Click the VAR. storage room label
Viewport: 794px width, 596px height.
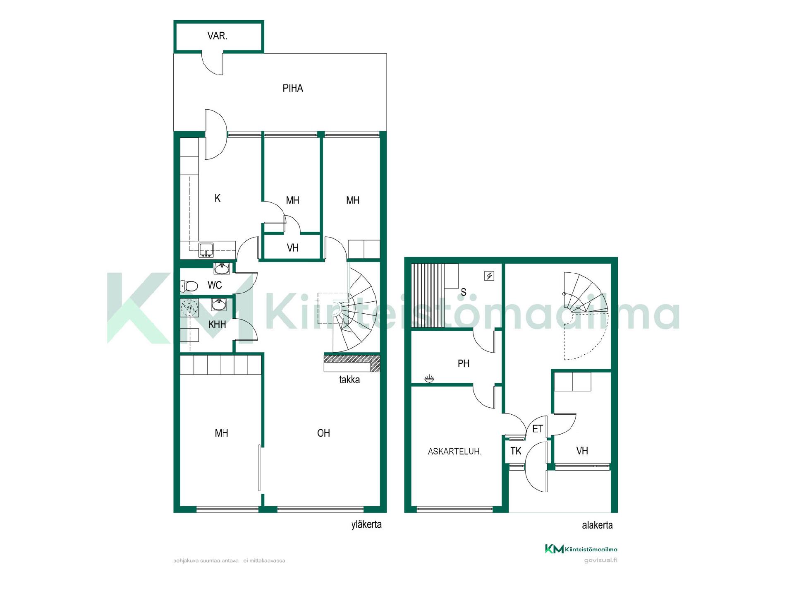point(217,36)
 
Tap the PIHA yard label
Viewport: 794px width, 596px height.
point(293,88)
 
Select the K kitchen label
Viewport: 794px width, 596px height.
point(218,198)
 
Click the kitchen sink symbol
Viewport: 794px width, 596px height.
point(206,250)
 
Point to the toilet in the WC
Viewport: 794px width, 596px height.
point(189,286)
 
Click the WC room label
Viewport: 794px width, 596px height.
point(215,285)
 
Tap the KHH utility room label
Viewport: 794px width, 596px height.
point(217,324)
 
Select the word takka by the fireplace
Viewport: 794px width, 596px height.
point(349,380)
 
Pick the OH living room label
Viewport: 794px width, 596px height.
point(323,433)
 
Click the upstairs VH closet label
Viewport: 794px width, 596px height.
point(293,248)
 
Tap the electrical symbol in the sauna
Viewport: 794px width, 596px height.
point(489,276)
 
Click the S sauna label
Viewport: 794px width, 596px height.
point(464,292)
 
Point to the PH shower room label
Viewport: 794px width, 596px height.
point(464,363)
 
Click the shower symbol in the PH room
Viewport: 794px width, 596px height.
point(429,378)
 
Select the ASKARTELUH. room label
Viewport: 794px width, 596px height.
point(454,451)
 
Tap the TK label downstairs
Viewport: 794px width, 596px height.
point(516,451)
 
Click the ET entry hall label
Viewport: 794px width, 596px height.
point(538,429)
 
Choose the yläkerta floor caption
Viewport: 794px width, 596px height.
point(366,525)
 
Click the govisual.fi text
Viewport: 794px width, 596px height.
point(600,560)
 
